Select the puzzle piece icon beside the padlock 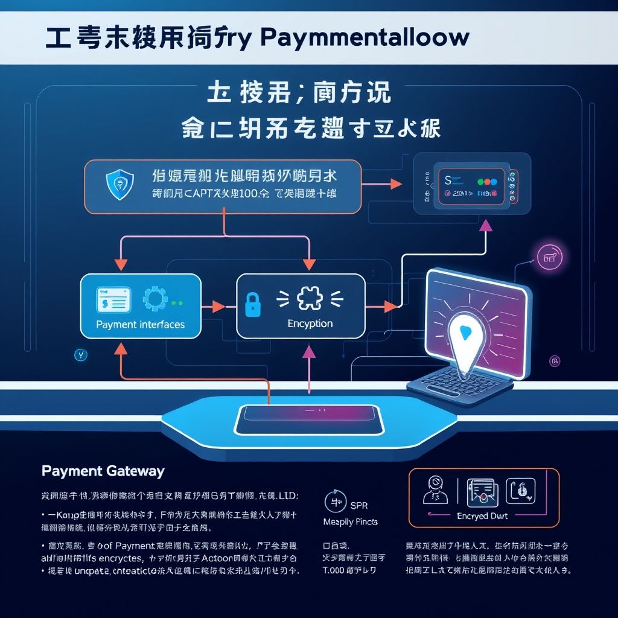tap(310, 298)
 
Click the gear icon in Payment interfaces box tap(154, 301)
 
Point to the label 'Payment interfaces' tap(140, 325)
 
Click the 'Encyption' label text tap(310, 323)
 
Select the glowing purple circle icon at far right tap(549, 258)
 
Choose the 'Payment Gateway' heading tap(103, 471)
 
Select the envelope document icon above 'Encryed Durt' tap(481, 491)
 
